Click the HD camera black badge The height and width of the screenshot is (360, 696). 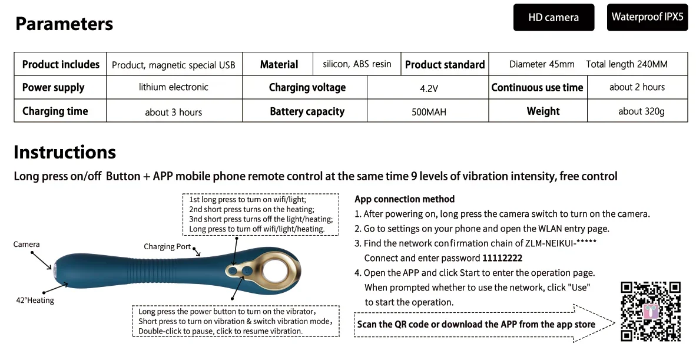click(554, 17)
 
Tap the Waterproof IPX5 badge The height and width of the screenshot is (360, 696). click(647, 17)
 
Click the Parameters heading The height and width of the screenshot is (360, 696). click(64, 24)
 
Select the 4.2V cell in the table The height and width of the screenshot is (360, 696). click(428, 88)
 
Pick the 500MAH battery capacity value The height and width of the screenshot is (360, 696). click(428, 111)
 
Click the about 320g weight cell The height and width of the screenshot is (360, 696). click(641, 111)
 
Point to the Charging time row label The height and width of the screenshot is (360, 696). click(55, 111)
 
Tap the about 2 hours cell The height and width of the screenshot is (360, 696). click(637, 87)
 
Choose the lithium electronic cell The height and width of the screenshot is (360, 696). click(174, 87)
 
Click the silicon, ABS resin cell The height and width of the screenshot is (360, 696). click(357, 64)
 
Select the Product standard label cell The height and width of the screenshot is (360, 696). click(445, 64)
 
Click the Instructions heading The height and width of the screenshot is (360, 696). click(65, 152)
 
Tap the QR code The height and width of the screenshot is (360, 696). click(651, 312)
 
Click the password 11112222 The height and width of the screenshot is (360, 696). click(502, 258)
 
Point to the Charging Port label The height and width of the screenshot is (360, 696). click(167, 247)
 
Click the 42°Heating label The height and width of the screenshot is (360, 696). click(35, 300)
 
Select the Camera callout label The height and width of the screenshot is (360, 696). click(26, 245)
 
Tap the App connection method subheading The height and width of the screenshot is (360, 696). click(405, 199)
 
